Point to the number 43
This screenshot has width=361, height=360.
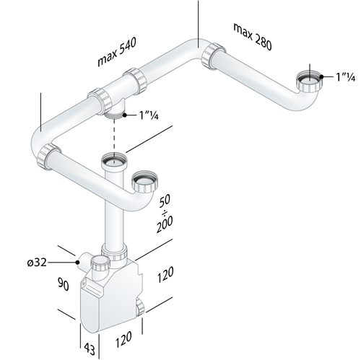coord(90,349)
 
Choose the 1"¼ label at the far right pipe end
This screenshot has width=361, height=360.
coord(344,76)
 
